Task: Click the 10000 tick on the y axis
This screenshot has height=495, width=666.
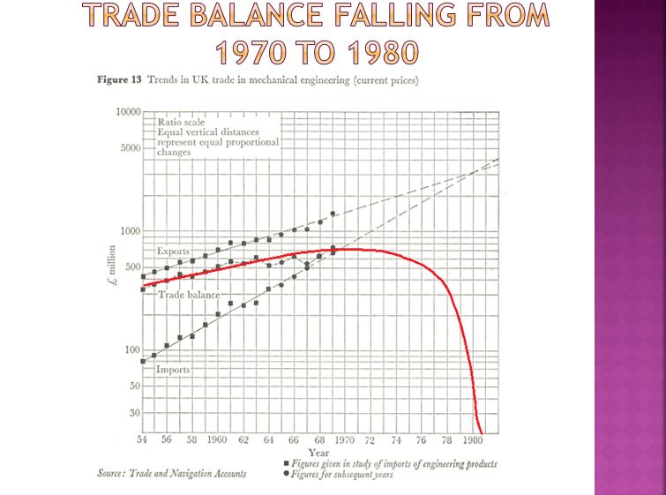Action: pos(128,112)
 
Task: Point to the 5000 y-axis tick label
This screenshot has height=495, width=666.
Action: pos(131,148)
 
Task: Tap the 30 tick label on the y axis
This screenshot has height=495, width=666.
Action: pos(135,413)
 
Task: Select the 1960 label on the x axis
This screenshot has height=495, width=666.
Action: pos(217,439)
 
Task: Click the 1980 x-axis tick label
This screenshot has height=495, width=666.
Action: pos(473,439)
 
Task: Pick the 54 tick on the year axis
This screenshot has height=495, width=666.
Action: pos(142,439)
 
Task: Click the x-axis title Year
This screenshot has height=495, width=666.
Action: pos(318,453)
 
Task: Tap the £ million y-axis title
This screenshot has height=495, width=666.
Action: pos(112,266)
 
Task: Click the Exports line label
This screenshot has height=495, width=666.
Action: pos(173,251)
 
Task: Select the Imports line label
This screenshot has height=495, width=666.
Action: pos(173,369)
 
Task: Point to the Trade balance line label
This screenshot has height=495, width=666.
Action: pos(190,295)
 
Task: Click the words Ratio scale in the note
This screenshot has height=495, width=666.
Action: pos(181,122)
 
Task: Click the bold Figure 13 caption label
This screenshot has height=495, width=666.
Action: pos(119,80)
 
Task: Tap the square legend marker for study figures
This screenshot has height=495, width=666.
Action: pos(287,463)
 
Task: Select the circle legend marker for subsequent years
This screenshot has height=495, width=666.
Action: pos(287,473)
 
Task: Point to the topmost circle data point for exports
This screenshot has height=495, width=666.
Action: pos(333,214)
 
